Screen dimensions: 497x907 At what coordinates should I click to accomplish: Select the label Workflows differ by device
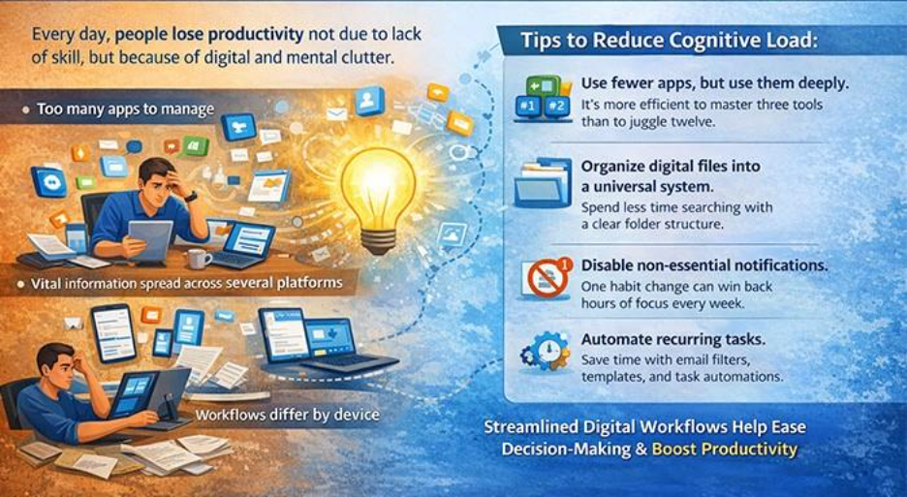tap(287, 416)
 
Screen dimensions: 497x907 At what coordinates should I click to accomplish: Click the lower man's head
tap(57, 364)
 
